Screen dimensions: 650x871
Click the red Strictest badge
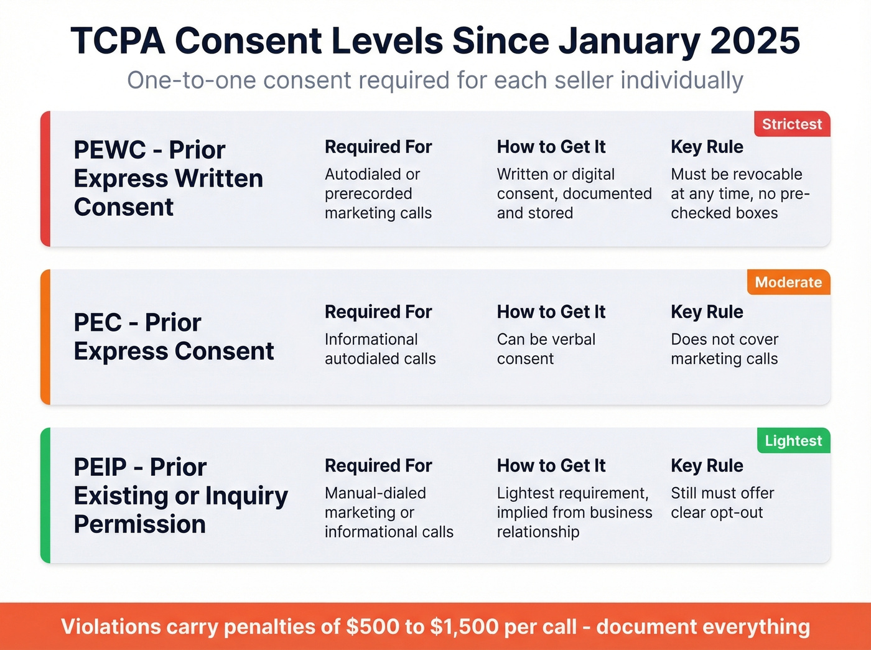pyautogui.click(x=791, y=124)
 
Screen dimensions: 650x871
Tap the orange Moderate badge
pyautogui.click(x=788, y=282)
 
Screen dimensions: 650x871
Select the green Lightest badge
pyautogui.click(x=793, y=441)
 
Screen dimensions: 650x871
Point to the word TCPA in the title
pyautogui.click(x=118, y=41)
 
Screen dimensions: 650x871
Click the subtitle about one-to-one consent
pyautogui.click(x=435, y=81)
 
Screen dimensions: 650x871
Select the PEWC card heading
pyautogui.click(x=168, y=179)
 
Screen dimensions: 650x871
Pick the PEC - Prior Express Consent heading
pyautogui.click(x=174, y=337)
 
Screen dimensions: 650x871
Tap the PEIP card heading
pyautogui.click(x=180, y=495)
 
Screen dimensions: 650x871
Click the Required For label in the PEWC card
pyautogui.click(x=378, y=147)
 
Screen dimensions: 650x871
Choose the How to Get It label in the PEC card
pyautogui.click(x=551, y=312)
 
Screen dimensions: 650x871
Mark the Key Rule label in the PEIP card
pyautogui.click(x=707, y=465)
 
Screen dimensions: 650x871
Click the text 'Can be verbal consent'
pyautogui.click(x=546, y=349)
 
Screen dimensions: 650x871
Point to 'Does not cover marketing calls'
pyautogui.click(x=724, y=349)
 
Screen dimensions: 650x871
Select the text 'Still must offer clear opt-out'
pyautogui.click(x=722, y=503)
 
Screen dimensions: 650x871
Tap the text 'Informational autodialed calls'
pyautogui.click(x=380, y=349)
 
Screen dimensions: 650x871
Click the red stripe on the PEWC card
pyautogui.click(x=45, y=179)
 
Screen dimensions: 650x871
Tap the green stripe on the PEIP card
pyautogui.click(x=45, y=495)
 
